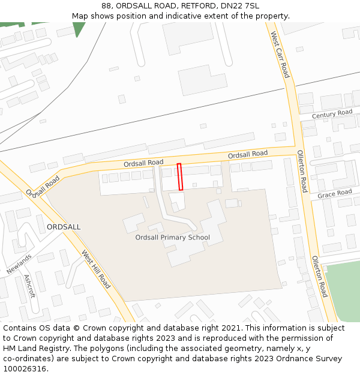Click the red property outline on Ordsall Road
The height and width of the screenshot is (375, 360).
pyautogui.click(x=180, y=177)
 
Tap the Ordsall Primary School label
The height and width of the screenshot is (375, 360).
pyautogui.click(x=173, y=238)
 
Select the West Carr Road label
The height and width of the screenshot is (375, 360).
pyautogui.click(x=280, y=55)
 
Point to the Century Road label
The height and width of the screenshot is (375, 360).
pyautogui.click(x=332, y=113)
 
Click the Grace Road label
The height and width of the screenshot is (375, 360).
pyautogui.click(x=334, y=193)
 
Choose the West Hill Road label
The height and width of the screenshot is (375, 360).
pyautogui.click(x=96, y=269)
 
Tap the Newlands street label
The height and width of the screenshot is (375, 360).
pyautogui.click(x=19, y=263)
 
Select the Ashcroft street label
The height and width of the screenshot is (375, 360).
pyautogui.click(x=29, y=286)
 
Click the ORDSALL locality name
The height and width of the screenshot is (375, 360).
pyautogui.click(x=64, y=227)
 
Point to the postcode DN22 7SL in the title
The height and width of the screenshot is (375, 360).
pyautogui.click(x=240, y=5)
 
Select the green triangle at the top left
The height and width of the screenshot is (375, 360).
pyautogui.click(x=79, y=28)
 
